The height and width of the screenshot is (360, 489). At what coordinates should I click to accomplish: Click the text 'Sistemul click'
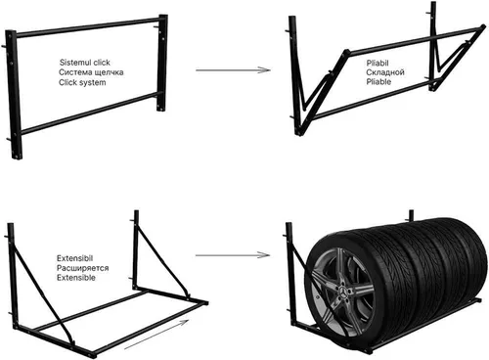85,63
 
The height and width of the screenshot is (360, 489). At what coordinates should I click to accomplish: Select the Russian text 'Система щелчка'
91,72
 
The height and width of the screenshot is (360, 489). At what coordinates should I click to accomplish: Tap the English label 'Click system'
82,82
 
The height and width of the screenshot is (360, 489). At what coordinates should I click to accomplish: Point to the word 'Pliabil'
378,63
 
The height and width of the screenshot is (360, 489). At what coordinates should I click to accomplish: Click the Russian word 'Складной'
385,72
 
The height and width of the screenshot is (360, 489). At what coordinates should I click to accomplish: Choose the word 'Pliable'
378,81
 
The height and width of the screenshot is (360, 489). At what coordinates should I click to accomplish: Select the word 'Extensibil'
75,258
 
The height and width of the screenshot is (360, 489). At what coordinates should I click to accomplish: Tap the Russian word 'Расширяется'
83,268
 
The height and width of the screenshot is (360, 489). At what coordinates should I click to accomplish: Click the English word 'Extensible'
76,278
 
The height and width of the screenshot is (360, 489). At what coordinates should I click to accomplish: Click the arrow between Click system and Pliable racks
233,70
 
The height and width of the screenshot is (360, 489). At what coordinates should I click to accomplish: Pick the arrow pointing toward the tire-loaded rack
233,255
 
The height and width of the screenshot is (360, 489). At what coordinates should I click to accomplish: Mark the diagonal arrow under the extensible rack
156,335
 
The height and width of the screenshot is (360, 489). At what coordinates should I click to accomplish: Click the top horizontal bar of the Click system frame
87,26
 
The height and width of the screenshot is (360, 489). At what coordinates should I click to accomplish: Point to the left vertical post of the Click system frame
14,95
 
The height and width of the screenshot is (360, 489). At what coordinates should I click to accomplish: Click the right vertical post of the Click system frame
162,63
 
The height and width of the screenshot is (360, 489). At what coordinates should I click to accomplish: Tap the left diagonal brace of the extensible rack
42,295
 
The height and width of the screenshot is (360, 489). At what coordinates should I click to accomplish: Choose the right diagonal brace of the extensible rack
162,261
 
